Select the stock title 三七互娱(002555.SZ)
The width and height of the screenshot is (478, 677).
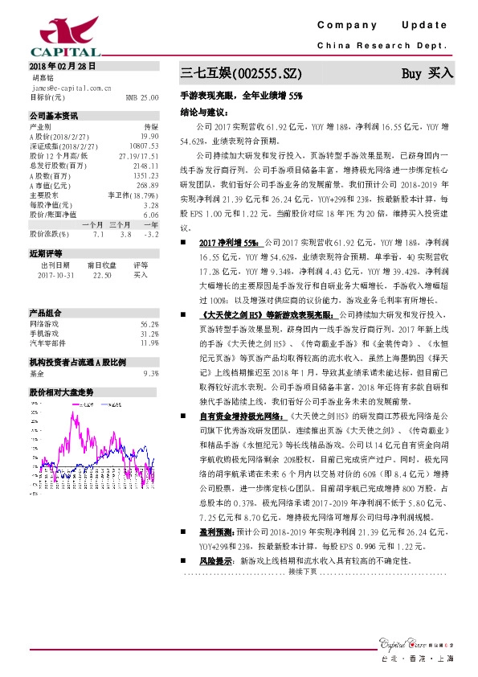coord(242,74)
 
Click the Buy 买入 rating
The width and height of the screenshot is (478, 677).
coord(427,73)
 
